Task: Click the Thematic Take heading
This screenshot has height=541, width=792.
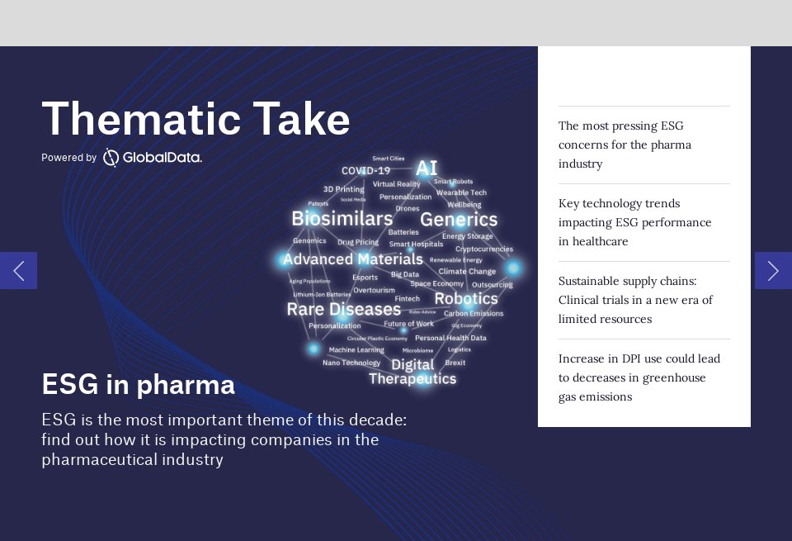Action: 196,120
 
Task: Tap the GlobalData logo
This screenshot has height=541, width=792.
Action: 153,157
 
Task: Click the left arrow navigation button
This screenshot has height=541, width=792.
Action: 18,270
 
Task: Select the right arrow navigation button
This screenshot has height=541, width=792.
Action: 773,270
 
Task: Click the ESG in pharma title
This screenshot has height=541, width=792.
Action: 138,384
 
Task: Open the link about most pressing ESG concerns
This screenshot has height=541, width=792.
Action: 625,145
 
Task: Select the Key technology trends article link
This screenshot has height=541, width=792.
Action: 634,222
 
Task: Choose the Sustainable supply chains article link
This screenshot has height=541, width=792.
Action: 635,300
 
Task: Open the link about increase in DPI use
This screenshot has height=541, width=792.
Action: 639,377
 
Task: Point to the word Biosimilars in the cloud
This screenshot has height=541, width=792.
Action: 342,219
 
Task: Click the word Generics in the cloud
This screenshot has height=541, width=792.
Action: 459,220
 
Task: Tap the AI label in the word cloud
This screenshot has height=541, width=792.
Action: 426,168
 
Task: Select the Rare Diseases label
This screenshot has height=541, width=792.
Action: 343,310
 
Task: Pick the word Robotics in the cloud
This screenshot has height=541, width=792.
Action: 465,298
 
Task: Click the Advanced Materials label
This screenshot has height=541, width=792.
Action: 352,259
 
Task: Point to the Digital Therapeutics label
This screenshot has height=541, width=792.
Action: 412,372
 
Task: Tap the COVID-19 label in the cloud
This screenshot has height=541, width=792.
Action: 365,171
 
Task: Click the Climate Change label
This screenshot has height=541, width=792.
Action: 467,271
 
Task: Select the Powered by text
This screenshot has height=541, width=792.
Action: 68,158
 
